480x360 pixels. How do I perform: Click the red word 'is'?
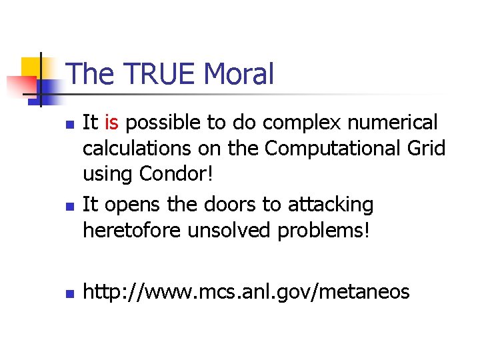click(x=111, y=123)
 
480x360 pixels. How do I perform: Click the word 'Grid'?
click(x=425, y=149)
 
